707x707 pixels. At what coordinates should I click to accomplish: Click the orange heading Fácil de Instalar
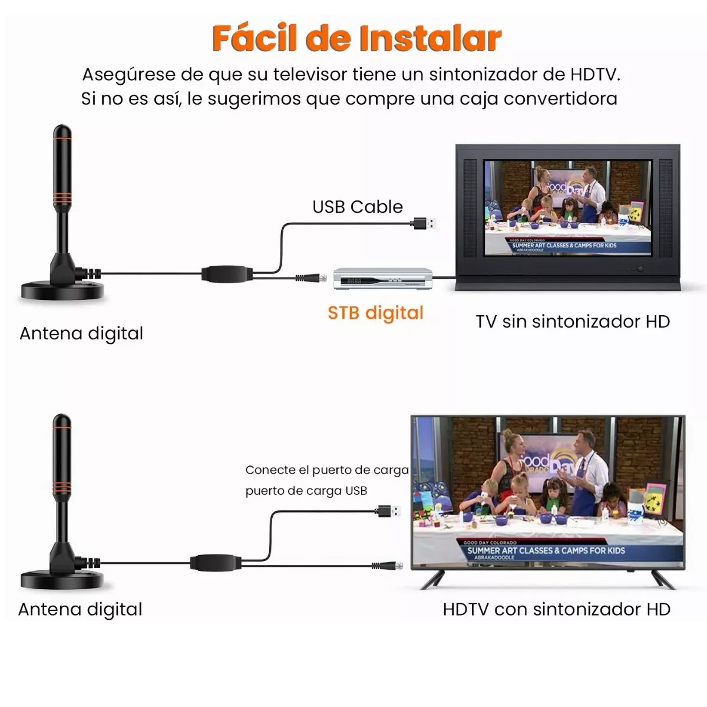click(356, 38)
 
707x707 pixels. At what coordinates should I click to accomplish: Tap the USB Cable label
click(358, 207)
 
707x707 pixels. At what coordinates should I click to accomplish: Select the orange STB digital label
click(375, 312)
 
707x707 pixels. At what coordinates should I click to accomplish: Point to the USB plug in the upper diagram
click(425, 223)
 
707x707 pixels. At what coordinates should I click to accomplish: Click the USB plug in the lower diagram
click(389, 510)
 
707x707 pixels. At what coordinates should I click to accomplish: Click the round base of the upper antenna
click(62, 290)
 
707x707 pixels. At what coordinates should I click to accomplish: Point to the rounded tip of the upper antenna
click(62, 133)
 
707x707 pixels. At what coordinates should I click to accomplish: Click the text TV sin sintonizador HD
click(573, 322)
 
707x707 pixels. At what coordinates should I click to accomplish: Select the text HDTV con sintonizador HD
click(556, 609)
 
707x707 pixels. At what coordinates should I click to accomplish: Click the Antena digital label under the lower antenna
click(81, 609)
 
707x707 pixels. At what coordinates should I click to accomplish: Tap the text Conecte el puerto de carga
click(327, 470)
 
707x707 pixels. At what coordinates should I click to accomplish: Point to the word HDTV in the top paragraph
click(593, 75)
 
